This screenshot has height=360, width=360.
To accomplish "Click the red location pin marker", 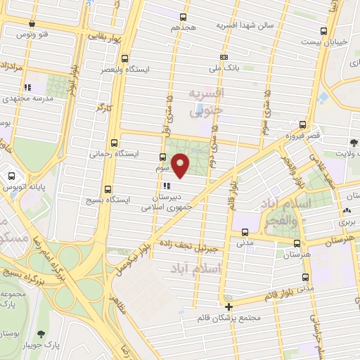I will coord(181,165).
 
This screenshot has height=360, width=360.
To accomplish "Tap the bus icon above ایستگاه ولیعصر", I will coord(124,59).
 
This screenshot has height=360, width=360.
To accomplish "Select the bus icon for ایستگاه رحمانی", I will coord(114,141).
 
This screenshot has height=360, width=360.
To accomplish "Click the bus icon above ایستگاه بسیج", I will coord(108,189).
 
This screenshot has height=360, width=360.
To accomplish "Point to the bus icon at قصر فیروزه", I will coord(302,123).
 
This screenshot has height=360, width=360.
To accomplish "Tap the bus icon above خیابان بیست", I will coord(323,31).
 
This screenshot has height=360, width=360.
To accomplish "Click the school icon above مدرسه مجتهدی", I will coord(27,88).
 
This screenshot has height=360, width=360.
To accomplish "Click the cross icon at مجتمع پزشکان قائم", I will coord(228,307).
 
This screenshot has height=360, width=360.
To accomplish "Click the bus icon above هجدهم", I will coord(184,17).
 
